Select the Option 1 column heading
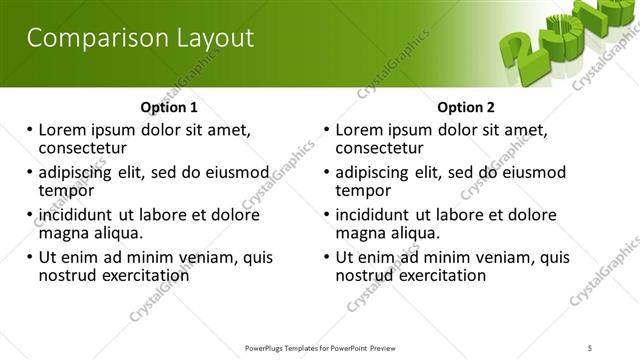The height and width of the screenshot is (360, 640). [169, 107]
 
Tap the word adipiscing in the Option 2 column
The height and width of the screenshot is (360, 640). [377, 171]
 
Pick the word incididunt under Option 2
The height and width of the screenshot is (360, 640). [376, 214]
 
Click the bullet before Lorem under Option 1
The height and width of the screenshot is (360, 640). [30, 129]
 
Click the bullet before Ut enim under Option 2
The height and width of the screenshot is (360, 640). [328, 257]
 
